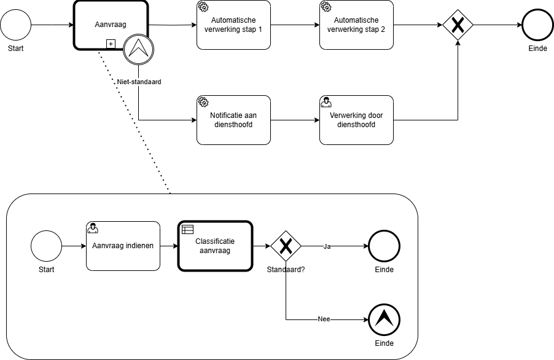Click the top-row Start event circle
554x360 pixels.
[x=15, y=25]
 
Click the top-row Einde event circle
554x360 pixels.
[x=538, y=25]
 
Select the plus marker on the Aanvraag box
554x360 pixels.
[x=111, y=43]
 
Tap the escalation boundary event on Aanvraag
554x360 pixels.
[x=138, y=49]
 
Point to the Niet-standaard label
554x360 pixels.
[x=139, y=82]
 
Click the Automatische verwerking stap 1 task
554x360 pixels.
[x=233, y=25]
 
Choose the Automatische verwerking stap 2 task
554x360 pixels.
[x=356, y=25]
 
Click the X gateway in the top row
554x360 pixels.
[x=458, y=25]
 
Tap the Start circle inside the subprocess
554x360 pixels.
[x=46, y=246]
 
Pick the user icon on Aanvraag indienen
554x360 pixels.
[x=93, y=229]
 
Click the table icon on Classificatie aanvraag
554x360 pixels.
[x=187, y=230]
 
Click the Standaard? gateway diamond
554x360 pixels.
[x=286, y=246]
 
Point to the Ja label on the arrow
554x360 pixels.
[x=327, y=246]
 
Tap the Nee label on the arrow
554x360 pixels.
[x=324, y=319]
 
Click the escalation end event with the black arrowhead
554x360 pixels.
[x=384, y=319]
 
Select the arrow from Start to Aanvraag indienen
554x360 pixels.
[x=74, y=246]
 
